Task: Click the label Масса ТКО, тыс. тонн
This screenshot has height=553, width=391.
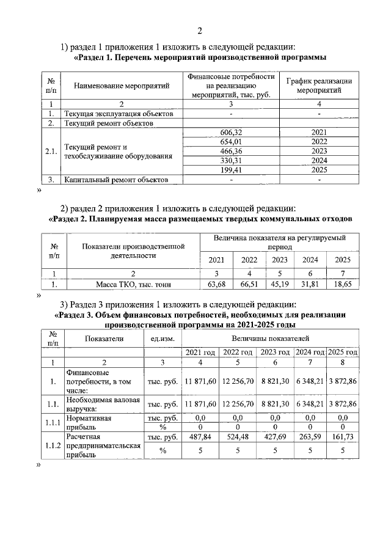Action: tap(134, 284)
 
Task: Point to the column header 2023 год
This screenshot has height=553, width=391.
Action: tap(274, 353)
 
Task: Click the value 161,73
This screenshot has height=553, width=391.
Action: tap(343, 438)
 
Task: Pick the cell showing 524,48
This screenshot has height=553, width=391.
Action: tap(236, 438)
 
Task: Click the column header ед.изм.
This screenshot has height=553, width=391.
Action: tap(161, 338)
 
